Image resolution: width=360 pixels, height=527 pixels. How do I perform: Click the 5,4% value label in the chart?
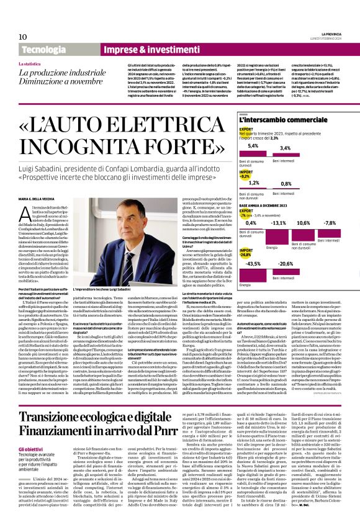pyautogui.click(x=236, y=146)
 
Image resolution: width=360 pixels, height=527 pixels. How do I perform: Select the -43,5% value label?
pyautogui.click(x=236, y=263)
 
